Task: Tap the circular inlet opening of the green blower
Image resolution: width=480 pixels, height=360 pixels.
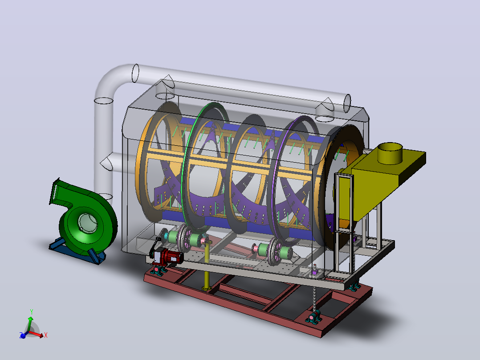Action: [87, 223]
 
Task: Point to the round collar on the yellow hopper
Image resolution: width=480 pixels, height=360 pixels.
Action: [390, 153]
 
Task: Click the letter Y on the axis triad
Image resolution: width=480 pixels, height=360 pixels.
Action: [31, 312]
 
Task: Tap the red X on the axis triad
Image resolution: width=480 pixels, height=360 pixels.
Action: [45, 335]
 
